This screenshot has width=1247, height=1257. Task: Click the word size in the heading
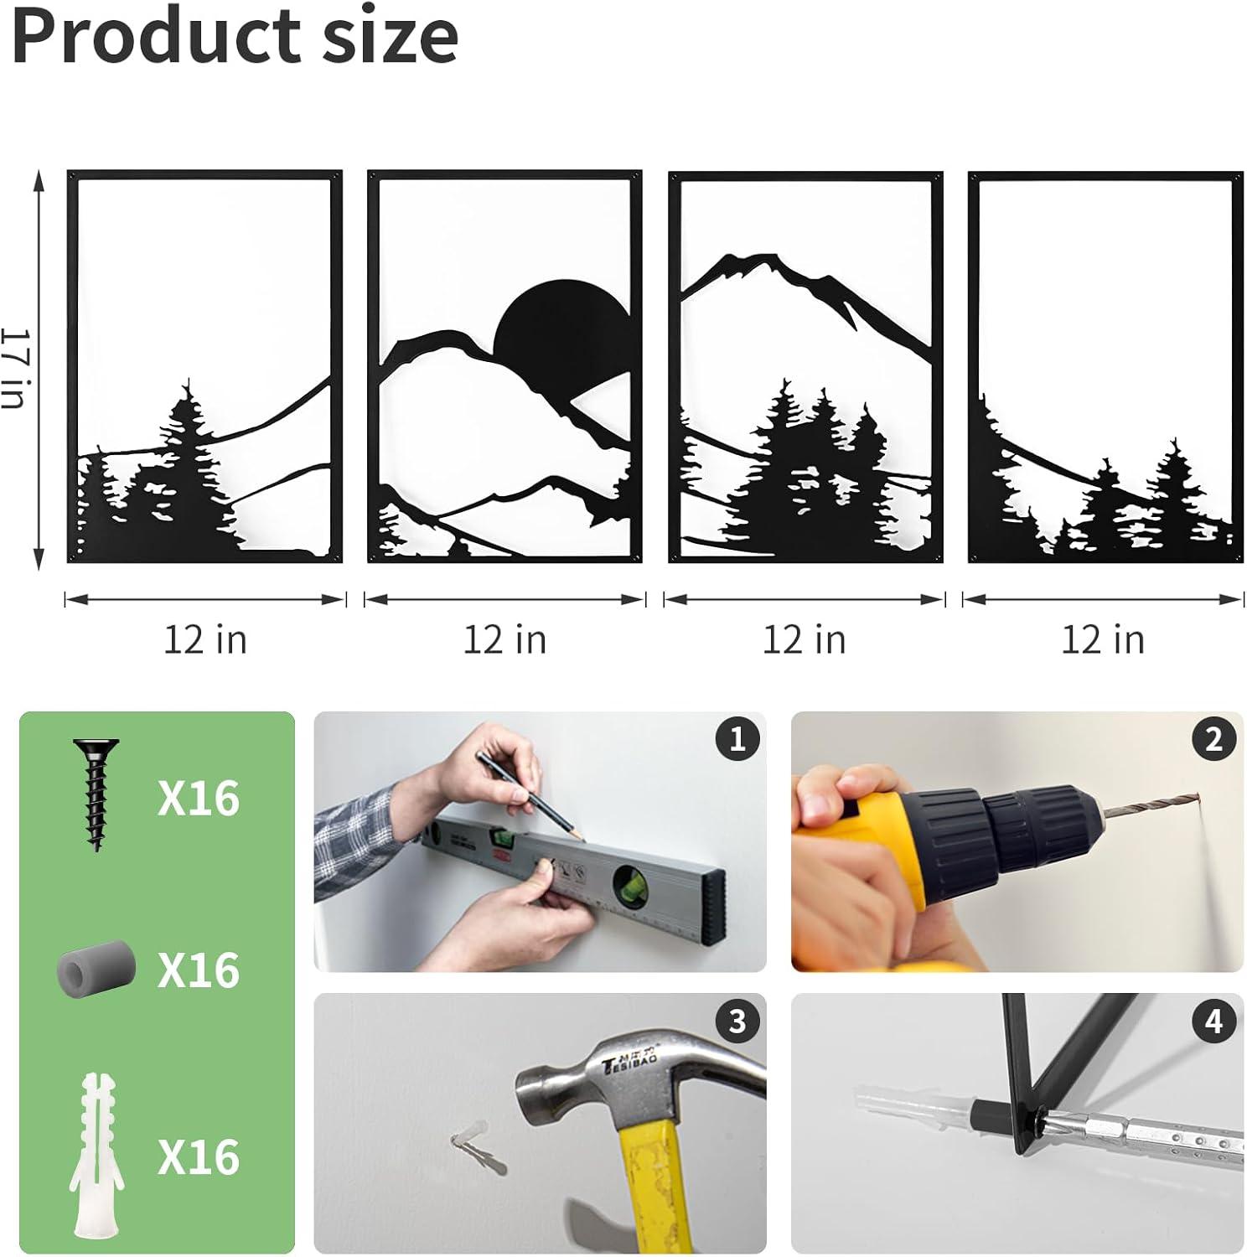391,37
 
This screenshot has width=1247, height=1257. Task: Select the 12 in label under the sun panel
504,640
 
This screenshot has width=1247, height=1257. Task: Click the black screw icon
96,794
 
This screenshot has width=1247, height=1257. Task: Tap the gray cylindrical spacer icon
96,969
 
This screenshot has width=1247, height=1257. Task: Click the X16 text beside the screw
199,797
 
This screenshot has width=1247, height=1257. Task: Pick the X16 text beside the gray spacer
199,970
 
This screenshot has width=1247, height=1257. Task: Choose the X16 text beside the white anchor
199,1157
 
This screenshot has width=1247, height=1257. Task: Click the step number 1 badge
737,739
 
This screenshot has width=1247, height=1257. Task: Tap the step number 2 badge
1214,739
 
